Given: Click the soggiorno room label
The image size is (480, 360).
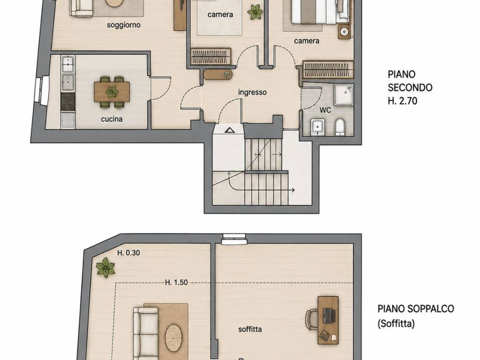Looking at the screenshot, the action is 124,25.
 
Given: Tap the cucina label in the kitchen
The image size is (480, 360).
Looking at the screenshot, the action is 112,119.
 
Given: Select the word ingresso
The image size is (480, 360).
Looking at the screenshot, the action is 252,92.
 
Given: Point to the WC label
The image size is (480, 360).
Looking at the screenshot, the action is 325,110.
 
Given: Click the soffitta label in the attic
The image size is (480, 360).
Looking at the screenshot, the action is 250,330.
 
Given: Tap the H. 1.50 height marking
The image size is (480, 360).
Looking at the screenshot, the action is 176,282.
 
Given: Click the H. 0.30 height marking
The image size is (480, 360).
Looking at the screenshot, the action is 128,253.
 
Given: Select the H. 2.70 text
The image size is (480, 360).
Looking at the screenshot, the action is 402,101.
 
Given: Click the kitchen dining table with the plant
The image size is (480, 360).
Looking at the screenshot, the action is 112,92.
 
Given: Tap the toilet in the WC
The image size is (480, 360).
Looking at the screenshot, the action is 340,127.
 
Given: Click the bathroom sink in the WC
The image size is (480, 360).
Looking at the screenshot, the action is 317,127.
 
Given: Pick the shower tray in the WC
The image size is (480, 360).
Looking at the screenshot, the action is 344,95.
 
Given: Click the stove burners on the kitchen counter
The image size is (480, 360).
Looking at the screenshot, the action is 68,102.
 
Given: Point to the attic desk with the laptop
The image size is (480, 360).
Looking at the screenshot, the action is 328,320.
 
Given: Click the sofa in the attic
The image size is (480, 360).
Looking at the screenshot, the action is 146,333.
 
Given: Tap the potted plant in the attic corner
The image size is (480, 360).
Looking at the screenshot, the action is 105,267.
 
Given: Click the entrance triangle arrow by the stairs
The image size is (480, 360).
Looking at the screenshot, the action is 229,130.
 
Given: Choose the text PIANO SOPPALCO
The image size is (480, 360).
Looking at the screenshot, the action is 416,308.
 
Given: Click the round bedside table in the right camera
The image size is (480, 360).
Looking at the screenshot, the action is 345,32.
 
